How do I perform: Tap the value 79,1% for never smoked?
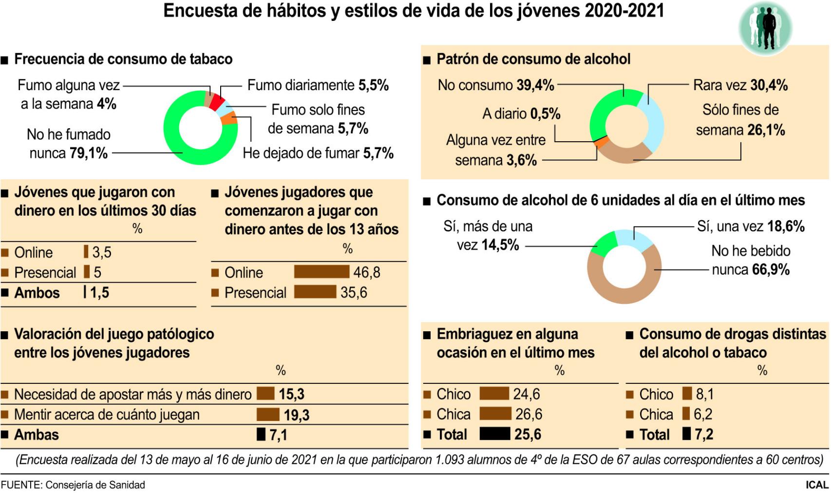click(88, 153)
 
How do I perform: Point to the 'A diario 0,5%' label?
click(521, 114)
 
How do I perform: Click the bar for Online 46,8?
click(321, 272)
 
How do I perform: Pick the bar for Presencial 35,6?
click(315, 292)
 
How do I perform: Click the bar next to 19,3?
click(268, 415)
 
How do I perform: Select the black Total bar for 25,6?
click(494, 434)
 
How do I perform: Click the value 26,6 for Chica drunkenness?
click(529, 414)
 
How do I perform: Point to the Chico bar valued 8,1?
click(687, 394)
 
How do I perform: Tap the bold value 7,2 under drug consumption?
click(704, 434)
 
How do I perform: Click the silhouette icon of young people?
click(765, 29)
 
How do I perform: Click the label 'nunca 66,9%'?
click(751, 270)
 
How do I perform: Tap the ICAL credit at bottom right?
click(817, 485)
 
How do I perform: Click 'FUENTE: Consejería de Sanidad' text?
click(73, 485)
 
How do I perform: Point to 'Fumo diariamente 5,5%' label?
click(318, 85)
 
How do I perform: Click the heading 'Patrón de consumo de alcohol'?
click(533, 59)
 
